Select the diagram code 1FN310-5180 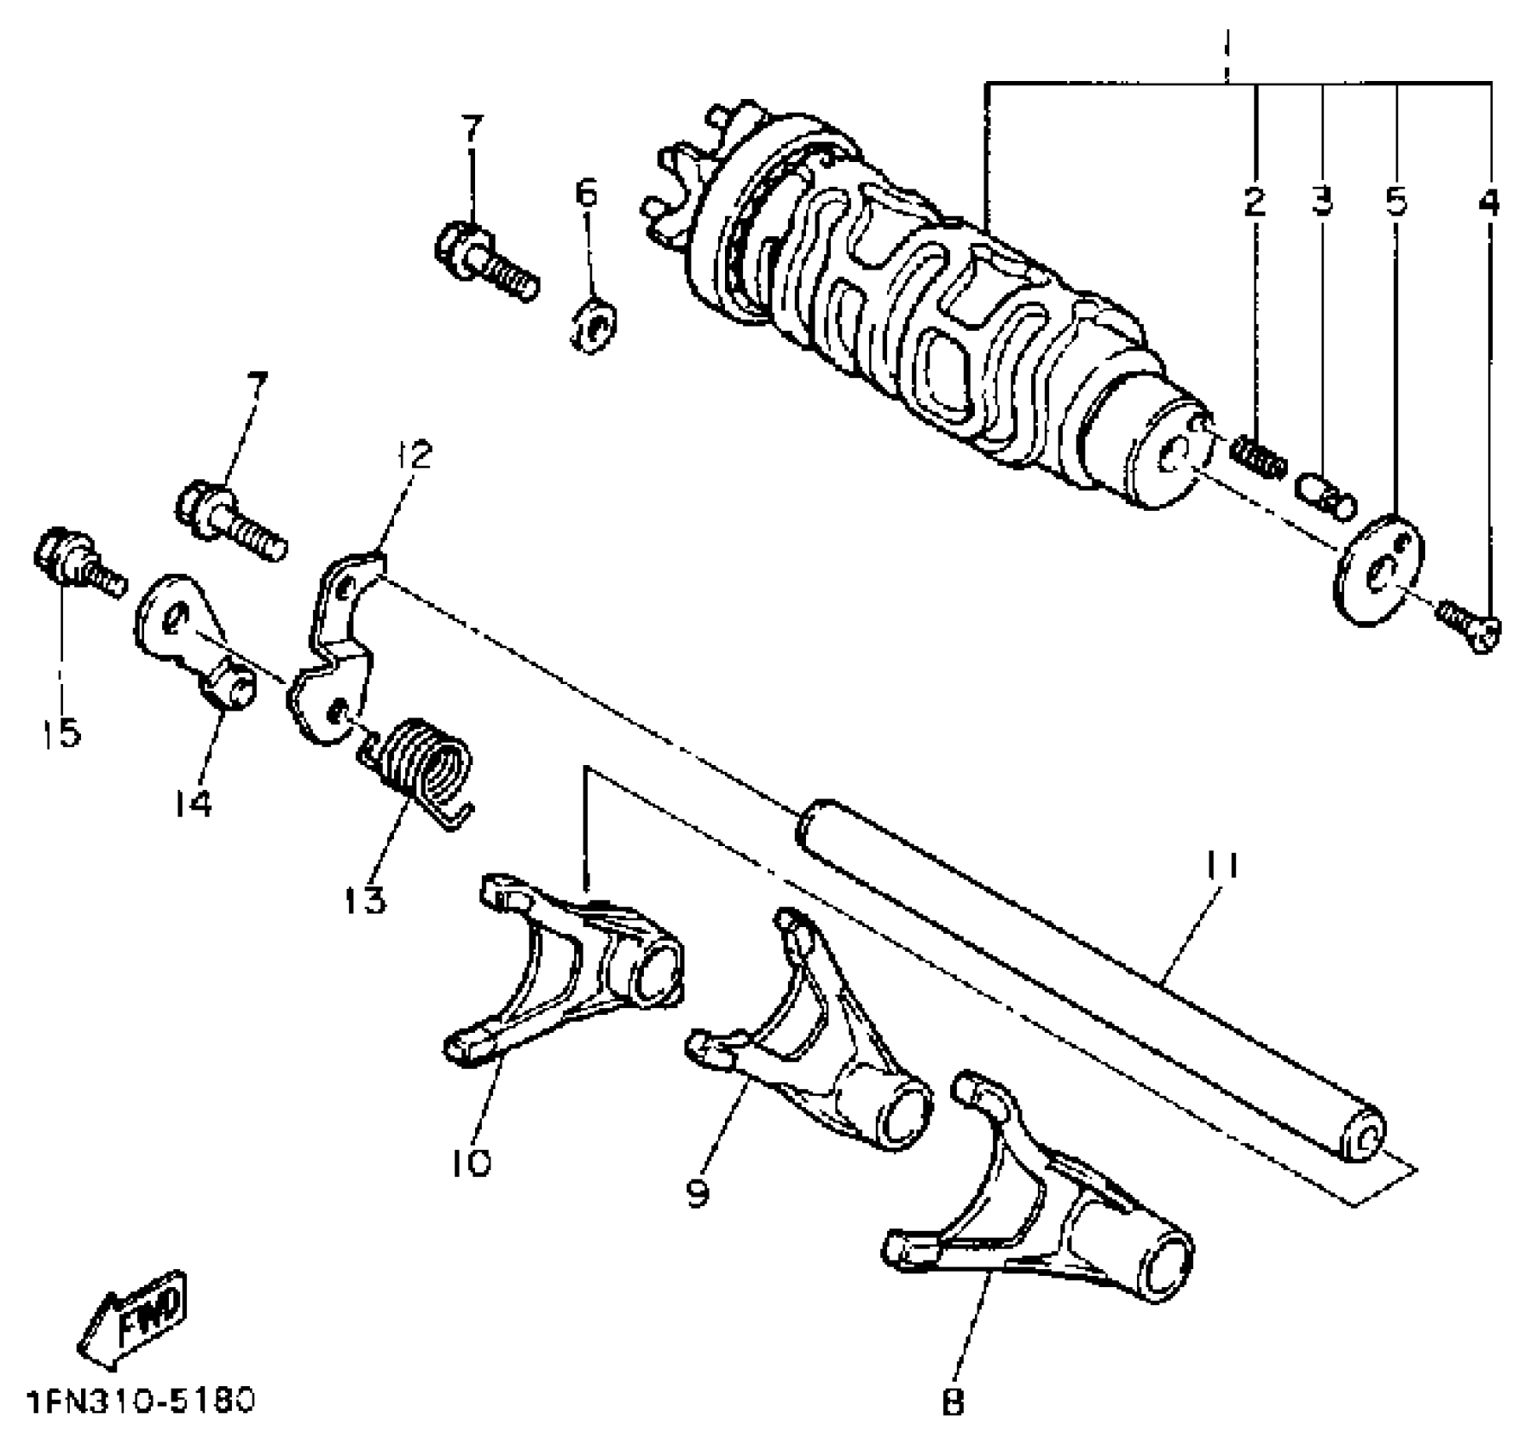click(x=142, y=1402)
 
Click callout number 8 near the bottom click(x=953, y=1402)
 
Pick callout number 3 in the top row click(x=1322, y=202)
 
